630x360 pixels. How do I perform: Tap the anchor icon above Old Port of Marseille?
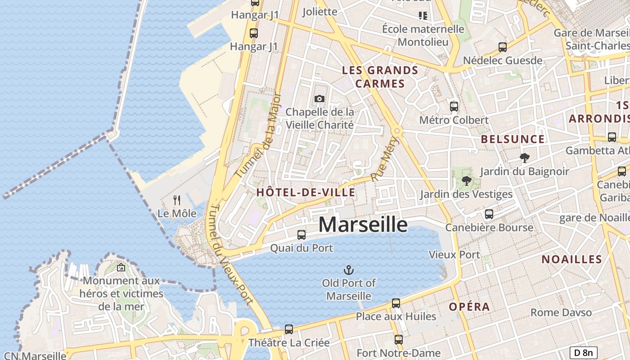[x=349, y=270]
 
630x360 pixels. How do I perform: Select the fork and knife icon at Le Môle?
[x=177, y=200]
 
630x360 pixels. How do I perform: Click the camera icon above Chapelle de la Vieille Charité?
[x=319, y=99]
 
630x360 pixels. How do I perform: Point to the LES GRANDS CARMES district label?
[x=380, y=77]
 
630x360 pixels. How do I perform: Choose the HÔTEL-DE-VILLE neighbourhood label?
[x=306, y=193]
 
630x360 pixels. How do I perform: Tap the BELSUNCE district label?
[x=513, y=139]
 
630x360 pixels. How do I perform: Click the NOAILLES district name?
[x=571, y=259]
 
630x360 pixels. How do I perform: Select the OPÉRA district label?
[x=469, y=307]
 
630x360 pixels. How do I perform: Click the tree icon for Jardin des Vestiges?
[x=467, y=181]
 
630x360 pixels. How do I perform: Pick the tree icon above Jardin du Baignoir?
[x=524, y=158]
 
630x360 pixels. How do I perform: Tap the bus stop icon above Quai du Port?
[x=301, y=234]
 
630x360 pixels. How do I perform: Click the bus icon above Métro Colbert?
[x=454, y=107]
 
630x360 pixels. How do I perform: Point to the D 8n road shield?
[x=583, y=353]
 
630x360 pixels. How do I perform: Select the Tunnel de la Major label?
[x=258, y=135]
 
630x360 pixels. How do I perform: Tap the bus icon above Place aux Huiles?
[x=396, y=303]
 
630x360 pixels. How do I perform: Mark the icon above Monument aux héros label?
[x=121, y=267]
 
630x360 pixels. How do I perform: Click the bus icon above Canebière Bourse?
[x=489, y=214]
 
